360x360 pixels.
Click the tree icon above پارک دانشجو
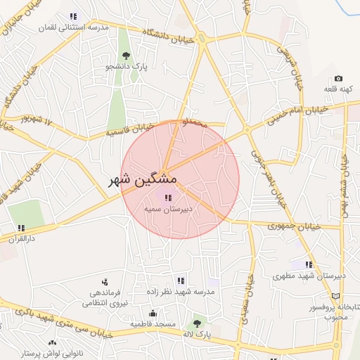click(126, 56)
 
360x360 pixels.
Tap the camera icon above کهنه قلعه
click(338, 79)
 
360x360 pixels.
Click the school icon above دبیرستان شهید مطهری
click(309, 265)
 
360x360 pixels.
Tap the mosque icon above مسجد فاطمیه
click(153, 313)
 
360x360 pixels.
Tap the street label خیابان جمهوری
click(295, 226)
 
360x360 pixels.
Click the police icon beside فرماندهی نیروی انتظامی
click(105, 282)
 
